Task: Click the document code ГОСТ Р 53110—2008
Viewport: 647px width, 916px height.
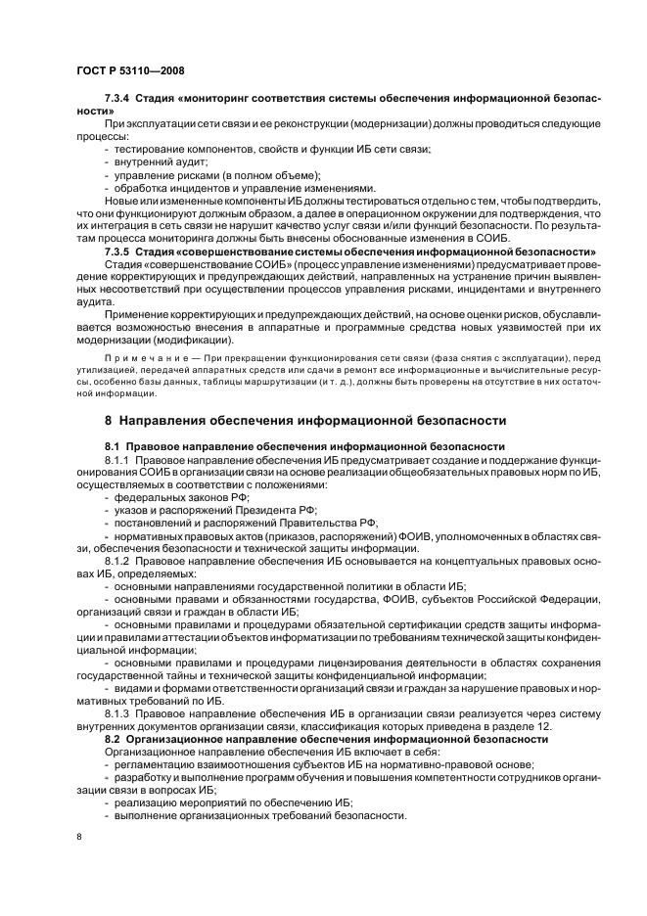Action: (130, 71)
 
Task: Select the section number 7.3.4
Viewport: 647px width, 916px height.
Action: (118, 100)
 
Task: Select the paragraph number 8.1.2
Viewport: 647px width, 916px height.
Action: (118, 561)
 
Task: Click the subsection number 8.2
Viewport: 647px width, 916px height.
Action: (112, 739)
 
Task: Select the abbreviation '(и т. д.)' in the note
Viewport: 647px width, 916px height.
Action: (336, 382)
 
